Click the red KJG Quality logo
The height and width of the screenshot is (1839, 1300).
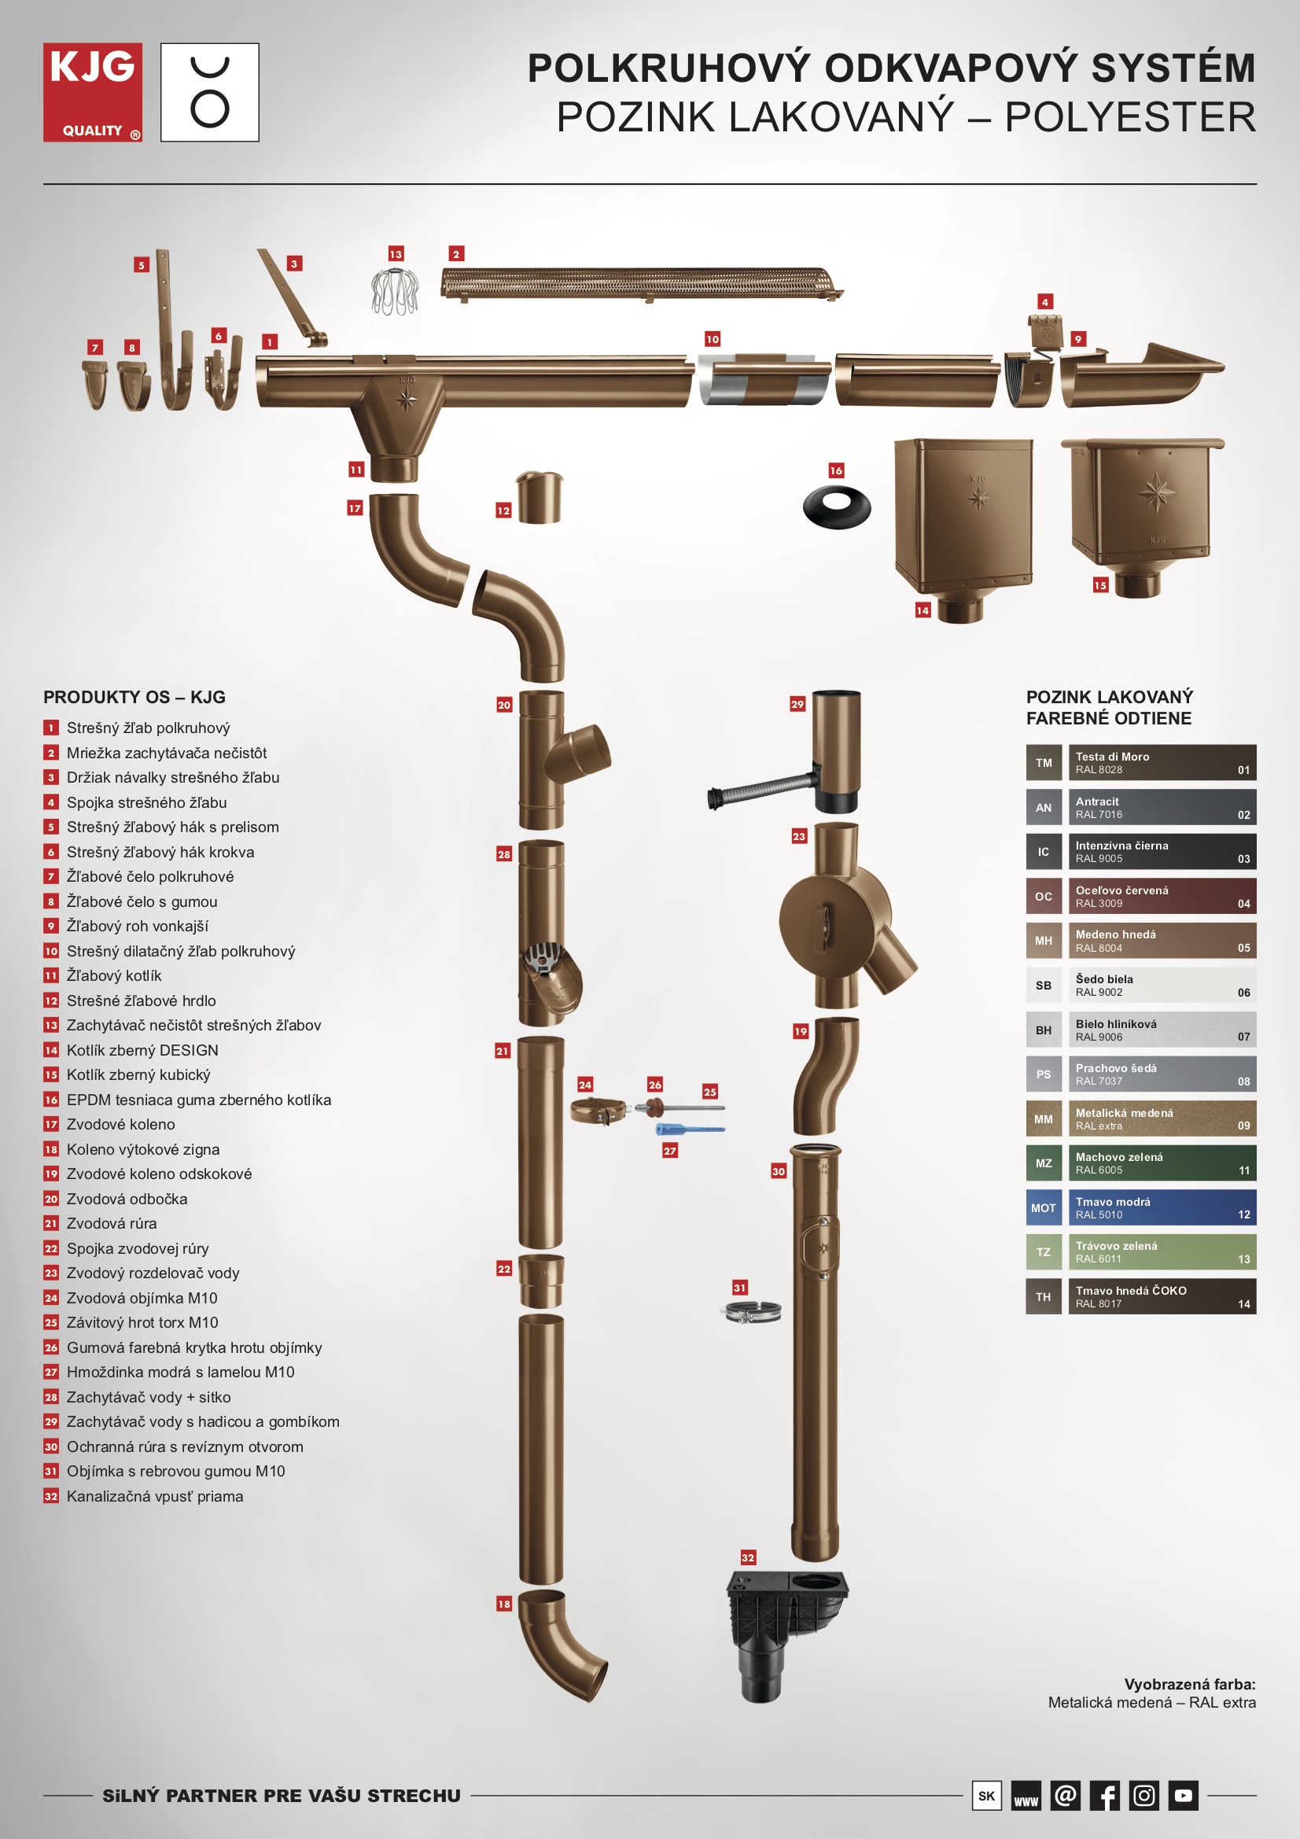93,92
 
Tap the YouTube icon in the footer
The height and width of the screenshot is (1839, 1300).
1183,1796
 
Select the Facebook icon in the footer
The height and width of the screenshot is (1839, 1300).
1104,1796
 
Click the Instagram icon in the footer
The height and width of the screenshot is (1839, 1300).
1143,1796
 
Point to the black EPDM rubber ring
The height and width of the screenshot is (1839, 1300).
836,507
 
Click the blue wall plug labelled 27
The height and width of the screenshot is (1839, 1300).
690,1129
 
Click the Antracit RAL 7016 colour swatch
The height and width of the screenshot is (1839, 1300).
1162,807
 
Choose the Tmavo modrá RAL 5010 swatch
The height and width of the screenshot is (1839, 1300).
1162,1208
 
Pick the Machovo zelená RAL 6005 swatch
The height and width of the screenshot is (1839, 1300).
1162,1163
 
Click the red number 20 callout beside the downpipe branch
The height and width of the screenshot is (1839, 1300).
504,705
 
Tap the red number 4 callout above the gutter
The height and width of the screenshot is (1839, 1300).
1044,302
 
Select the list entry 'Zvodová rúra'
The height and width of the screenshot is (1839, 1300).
112,1223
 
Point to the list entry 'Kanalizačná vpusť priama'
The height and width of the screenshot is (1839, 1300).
155,1496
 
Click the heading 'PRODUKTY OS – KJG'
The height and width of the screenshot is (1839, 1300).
134,697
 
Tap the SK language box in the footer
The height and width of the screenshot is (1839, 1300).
986,1796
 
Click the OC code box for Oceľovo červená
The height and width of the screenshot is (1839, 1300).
1044,896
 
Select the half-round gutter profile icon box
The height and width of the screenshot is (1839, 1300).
210,92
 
